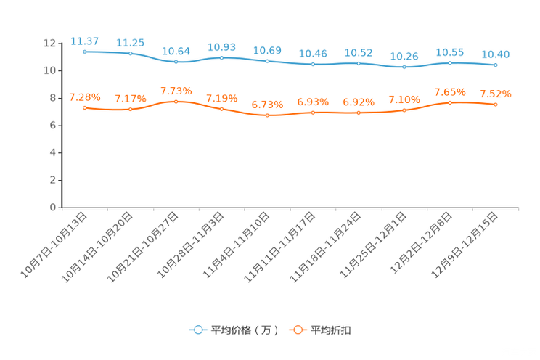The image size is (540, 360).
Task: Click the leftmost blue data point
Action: click(85, 52)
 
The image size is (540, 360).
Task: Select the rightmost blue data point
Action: click(496, 65)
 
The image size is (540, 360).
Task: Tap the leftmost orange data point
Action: click(85, 108)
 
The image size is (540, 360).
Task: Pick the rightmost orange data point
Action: click(496, 105)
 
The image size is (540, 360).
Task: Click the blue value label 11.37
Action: click(84, 41)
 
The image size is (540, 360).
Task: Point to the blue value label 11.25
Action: click(131, 42)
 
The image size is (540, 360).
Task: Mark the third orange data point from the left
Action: click(176, 102)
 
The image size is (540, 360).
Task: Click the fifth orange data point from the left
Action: click(267, 115)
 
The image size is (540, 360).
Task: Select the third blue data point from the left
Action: click(176, 62)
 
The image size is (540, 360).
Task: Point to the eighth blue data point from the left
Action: click(404, 67)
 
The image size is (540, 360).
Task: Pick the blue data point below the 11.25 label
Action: click(131, 53)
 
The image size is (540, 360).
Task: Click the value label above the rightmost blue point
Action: click(495, 54)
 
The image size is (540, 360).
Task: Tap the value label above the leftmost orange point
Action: click(84, 97)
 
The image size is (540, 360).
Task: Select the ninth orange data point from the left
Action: click(450, 103)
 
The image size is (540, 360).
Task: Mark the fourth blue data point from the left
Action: click(221, 57)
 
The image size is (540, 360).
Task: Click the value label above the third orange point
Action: click(176, 91)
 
